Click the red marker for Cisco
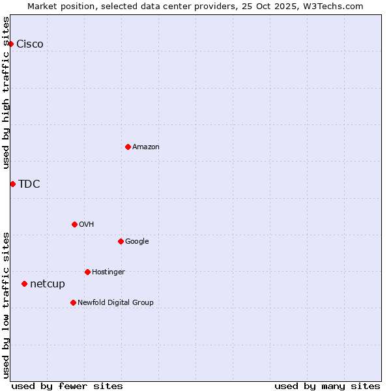click(10, 44)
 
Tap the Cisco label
click(30, 44)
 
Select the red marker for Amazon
click(128, 147)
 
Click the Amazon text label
click(146, 147)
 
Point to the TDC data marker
click(12, 184)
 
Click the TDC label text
click(29, 184)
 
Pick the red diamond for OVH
click(74, 224)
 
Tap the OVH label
click(87, 225)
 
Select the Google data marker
click(121, 241)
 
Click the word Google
click(137, 242)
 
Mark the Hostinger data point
click(87, 272)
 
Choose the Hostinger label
click(108, 272)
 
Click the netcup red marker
click(24, 283)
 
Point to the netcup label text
click(48, 284)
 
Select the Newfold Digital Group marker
click(73, 302)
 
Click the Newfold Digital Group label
click(115, 303)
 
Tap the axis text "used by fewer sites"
click(67, 386)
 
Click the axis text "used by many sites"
click(327, 386)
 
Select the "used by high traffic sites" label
click(7, 93)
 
